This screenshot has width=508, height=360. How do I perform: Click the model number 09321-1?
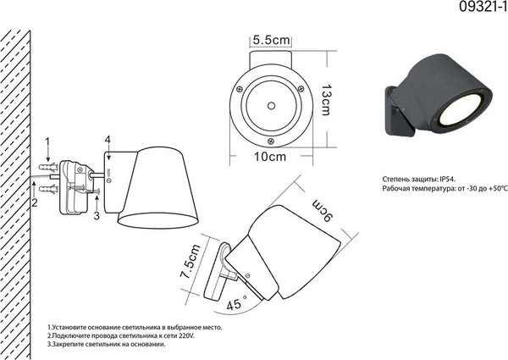click(483, 7)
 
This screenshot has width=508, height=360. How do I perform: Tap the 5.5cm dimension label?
click(271, 40)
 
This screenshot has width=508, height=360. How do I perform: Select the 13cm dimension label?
click(326, 100)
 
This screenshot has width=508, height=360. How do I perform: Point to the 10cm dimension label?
click(270, 157)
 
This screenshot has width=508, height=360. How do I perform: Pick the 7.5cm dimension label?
click(190, 261)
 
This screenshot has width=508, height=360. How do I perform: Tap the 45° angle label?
click(236, 303)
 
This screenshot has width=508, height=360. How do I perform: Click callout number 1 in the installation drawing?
click(47, 142)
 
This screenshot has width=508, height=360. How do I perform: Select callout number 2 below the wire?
click(35, 202)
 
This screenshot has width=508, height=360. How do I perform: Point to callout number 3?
click(97, 215)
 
